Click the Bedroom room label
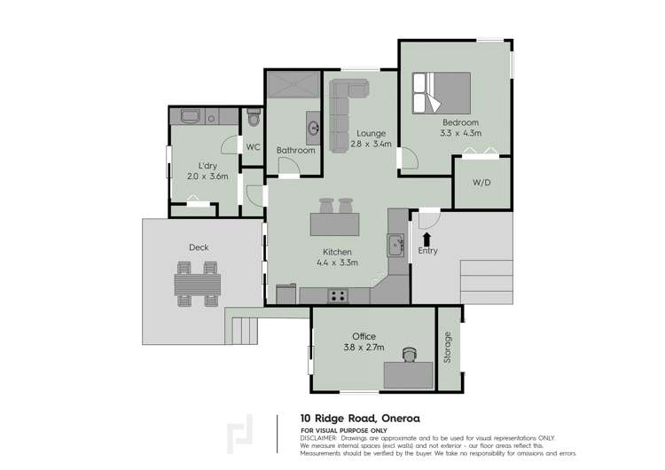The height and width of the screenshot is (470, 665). pos(460,122)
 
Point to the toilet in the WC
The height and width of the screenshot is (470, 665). pos(254,118)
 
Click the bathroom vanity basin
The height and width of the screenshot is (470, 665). pos(313,129)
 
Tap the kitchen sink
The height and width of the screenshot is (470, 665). pos(395,243)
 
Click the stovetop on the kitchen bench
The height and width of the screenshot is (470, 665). pos(337,295)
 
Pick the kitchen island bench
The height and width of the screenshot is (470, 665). pos(334,225)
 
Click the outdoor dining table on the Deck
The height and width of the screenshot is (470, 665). pos(198,286)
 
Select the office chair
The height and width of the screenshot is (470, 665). pos(409,355)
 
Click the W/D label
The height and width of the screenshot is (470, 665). pos(481,184)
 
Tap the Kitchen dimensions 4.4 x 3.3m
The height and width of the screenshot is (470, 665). pos(337,262)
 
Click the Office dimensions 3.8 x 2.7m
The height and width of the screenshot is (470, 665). pos(363,349)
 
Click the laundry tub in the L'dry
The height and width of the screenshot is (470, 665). pos(191,117)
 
